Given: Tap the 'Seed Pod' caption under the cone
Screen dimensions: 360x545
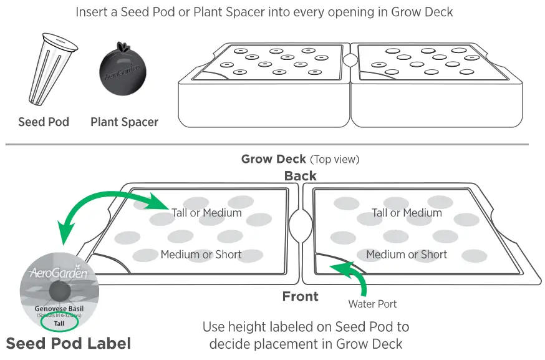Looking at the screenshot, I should (44, 122).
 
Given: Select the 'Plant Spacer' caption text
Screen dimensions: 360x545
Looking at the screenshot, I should (124, 122).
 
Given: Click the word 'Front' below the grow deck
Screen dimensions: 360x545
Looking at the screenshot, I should (300, 296).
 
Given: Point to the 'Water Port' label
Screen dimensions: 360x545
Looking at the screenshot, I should (372, 304).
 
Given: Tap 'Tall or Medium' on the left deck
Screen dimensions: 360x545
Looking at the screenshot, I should (206, 213).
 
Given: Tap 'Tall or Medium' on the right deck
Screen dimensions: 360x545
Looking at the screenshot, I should (407, 213).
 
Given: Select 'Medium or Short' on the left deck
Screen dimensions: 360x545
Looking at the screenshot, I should (201, 254).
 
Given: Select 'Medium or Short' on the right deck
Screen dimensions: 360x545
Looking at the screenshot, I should (407, 254).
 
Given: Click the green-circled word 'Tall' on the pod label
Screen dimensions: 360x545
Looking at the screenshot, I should (59, 323).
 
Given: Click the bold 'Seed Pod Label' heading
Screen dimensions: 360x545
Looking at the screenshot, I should (69, 343).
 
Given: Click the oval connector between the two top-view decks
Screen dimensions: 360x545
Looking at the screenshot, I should (301, 225).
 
